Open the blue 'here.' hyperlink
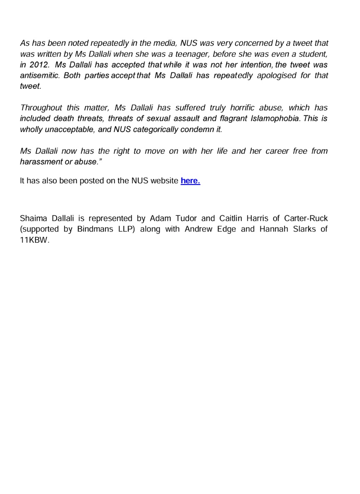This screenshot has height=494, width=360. [190, 181]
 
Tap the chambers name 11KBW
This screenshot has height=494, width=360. [35, 240]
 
